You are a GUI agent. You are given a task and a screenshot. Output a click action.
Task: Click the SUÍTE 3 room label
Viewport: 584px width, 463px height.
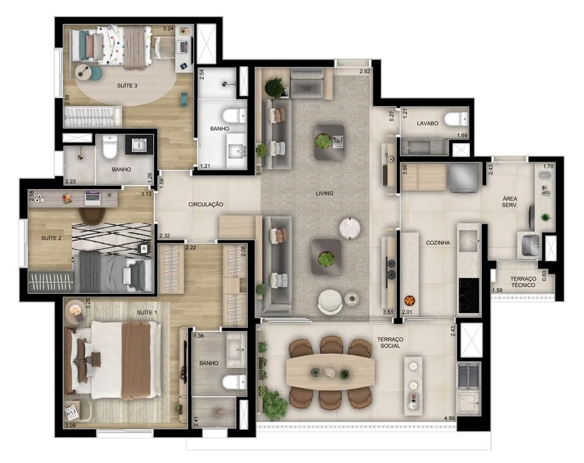(127, 85)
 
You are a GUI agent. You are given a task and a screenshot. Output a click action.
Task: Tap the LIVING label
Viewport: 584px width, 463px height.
(324, 193)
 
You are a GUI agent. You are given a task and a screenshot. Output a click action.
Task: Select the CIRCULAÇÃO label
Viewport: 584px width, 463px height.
(205, 204)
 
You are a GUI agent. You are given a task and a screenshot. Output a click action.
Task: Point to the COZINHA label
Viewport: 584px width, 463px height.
(438, 242)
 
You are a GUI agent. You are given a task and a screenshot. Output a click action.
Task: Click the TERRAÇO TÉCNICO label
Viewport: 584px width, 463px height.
(523, 282)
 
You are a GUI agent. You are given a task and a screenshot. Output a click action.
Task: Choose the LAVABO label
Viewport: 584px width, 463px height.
(427, 123)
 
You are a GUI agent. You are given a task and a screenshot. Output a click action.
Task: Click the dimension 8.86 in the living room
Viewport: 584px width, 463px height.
(259, 170)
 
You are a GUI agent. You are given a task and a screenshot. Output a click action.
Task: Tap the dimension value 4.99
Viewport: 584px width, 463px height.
(449, 418)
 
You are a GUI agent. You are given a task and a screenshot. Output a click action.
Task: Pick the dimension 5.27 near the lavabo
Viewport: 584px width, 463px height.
(391, 116)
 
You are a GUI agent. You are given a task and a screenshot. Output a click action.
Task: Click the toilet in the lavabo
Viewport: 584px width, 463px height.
(456, 119)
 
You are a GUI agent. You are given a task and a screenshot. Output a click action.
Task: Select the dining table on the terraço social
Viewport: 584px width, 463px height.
(330, 372)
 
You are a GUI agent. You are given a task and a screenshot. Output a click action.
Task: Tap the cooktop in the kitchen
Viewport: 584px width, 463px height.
(469, 296)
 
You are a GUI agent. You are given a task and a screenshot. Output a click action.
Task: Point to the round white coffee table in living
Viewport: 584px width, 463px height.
(350, 227)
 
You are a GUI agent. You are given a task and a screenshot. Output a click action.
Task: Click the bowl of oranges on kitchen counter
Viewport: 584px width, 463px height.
(408, 300)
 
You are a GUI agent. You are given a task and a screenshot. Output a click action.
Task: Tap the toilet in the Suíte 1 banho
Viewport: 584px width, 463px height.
(234, 382)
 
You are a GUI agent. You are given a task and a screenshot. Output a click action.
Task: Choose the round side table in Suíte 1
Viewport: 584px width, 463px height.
(76, 311)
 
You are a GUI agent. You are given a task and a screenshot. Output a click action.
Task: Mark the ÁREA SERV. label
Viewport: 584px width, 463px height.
(509, 202)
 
